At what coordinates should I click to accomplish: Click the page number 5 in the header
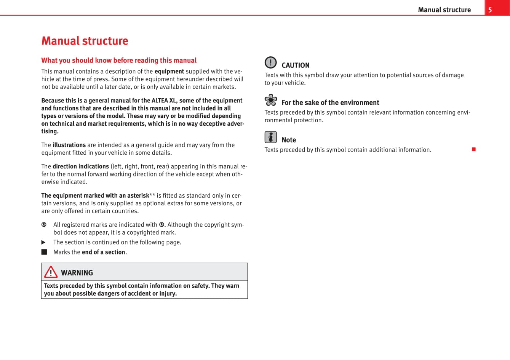[490, 10]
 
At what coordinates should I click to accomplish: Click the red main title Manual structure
[85, 41]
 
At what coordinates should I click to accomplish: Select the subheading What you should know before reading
[119, 60]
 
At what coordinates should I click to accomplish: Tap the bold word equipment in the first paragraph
[169, 71]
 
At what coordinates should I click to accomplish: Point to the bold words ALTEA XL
[165, 101]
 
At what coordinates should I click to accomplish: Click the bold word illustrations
[69, 145]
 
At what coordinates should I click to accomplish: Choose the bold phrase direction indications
[81, 166]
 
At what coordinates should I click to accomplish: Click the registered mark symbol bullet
[44, 225]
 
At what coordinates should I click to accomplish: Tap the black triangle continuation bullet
[43, 242]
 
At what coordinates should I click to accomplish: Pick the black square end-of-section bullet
[44, 252]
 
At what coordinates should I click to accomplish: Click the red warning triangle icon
[51, 272]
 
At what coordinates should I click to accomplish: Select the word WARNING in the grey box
[77, 273]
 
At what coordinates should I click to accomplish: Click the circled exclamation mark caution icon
[270, 62]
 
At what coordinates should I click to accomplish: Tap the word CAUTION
[296, 66]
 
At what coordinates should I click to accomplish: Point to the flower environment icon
[271, 100]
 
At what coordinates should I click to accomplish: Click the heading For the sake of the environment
[330, 102]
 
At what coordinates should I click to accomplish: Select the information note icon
[270, 137]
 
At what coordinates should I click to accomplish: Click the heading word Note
[289, 140]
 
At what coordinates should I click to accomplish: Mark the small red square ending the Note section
[474, 149]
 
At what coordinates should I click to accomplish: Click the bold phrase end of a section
[103, 252]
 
